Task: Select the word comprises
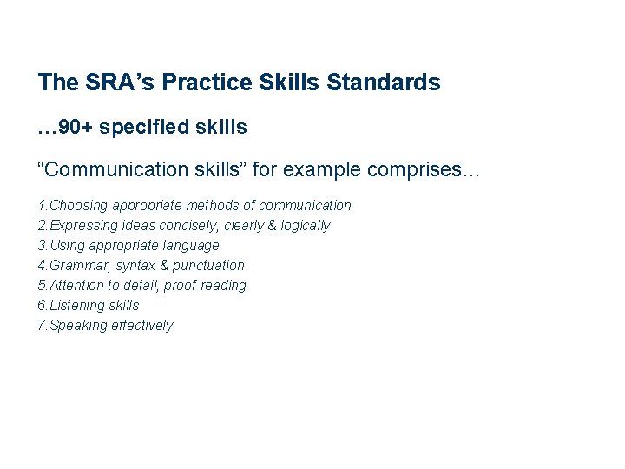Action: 423,169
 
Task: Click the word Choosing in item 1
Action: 79,206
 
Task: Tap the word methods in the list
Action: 209,206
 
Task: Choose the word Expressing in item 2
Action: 85,226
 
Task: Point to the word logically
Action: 300,226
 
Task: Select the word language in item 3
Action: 190,246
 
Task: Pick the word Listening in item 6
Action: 77,306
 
